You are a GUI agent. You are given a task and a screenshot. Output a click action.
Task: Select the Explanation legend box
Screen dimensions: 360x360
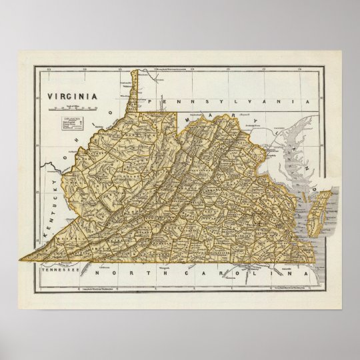pyautogui.click(x=73, y=125)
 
